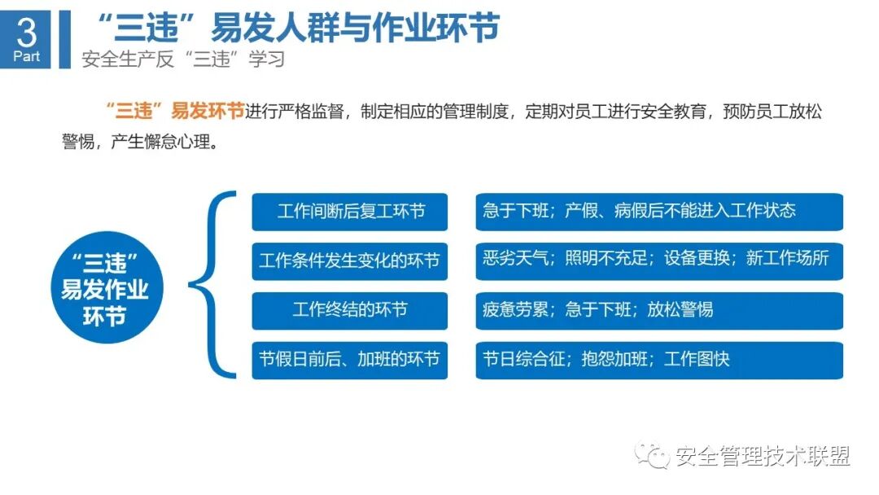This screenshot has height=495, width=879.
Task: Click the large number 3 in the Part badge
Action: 26,32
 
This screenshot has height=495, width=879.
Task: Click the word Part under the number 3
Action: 26,57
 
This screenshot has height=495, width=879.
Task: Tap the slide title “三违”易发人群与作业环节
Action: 296,28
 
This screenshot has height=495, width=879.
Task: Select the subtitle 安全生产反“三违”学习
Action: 183,60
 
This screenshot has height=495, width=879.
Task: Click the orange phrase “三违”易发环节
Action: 175,112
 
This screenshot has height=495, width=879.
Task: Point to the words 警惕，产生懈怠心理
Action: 138,142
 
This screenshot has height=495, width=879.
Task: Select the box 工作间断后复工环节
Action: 350,212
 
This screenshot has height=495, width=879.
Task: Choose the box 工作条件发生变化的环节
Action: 350,261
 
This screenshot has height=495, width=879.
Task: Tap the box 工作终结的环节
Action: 350,310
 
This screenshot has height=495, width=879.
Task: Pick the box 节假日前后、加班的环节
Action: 350,359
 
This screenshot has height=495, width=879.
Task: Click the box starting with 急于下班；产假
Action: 659,212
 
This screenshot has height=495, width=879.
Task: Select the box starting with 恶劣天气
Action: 659,261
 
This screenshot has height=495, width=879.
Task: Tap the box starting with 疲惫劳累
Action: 659,310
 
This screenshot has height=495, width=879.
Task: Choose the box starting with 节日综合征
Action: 659,359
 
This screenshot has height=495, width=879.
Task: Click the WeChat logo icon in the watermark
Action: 654,456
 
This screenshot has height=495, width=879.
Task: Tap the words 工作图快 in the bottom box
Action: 697,359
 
